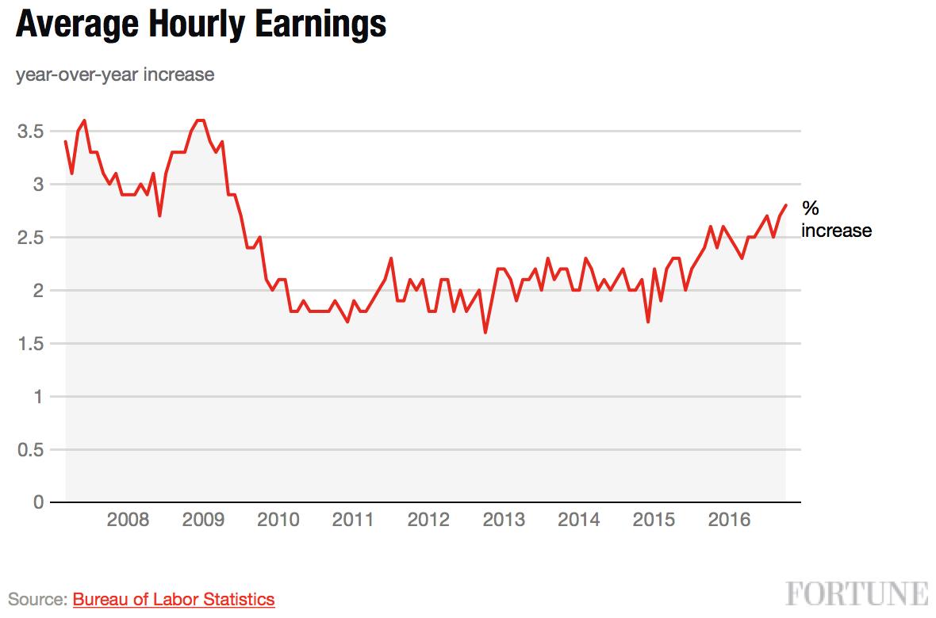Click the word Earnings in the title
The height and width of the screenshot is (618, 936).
click(320, 25)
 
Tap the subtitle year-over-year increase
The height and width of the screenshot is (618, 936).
click(114, 74)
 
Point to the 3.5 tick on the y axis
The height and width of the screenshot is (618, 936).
click(31, 132)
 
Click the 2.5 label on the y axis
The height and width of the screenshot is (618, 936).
click(31, 238)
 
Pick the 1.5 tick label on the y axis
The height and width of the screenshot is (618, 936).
click(31, 344)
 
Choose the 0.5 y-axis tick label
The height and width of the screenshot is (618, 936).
click(31, 450)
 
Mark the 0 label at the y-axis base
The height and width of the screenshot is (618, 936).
click(39, 502)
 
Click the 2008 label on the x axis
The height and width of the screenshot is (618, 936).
click(128, 520)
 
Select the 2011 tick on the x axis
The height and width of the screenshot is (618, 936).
click(353, 520)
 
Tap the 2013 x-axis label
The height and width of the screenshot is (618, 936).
click(504, 520)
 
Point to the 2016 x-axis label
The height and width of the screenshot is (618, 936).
click(729, 520)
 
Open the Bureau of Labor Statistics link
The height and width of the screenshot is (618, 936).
click(174, 599)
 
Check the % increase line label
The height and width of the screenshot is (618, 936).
click(836, 219)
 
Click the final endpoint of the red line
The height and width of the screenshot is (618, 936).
click(785, 205)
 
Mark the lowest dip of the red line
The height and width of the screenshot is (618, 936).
click(485, 332)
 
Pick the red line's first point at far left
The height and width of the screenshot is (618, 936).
click(66, 141)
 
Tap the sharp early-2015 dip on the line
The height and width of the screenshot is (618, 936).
click(648, 322)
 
